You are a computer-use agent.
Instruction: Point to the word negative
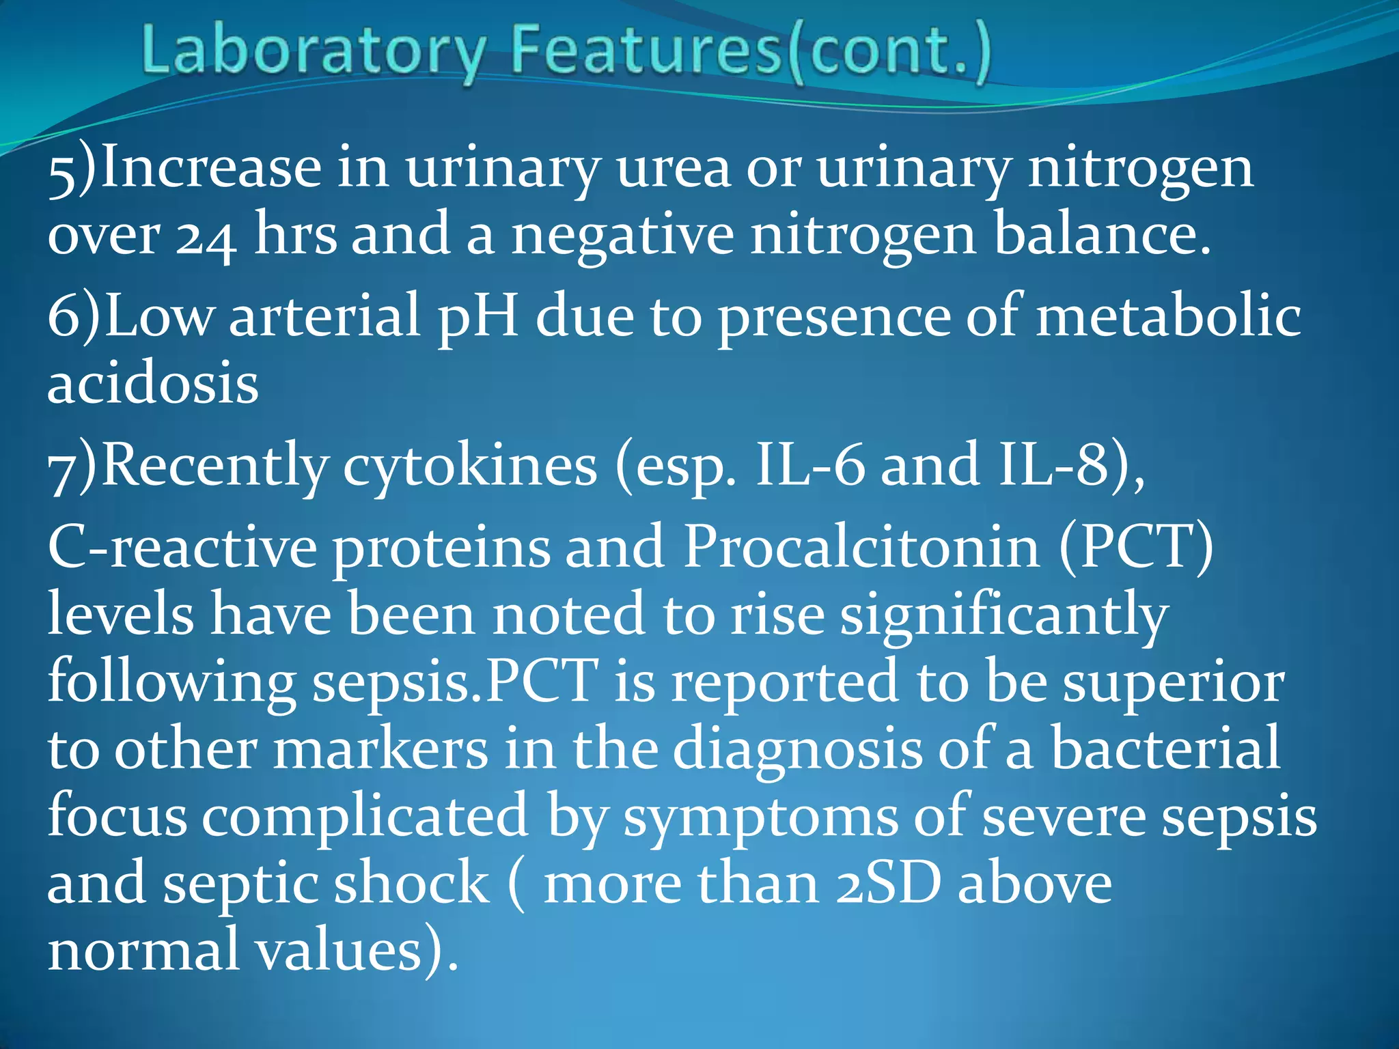(x=622, y=236)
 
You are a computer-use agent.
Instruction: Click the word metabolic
(x=1168, y=316)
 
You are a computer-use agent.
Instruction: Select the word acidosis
(x=153, y=384)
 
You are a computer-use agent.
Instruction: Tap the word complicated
(x=365, y=817)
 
